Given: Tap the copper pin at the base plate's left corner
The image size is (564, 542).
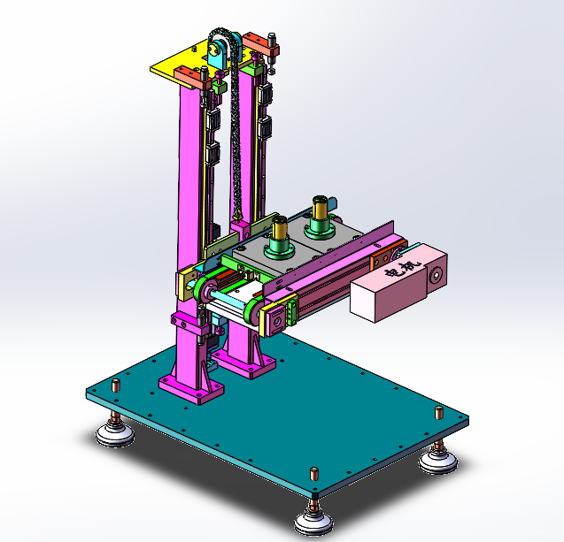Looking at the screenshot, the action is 116,386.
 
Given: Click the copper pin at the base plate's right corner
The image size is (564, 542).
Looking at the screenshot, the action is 439,413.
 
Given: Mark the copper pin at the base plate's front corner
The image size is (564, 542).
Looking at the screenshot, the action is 314,474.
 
